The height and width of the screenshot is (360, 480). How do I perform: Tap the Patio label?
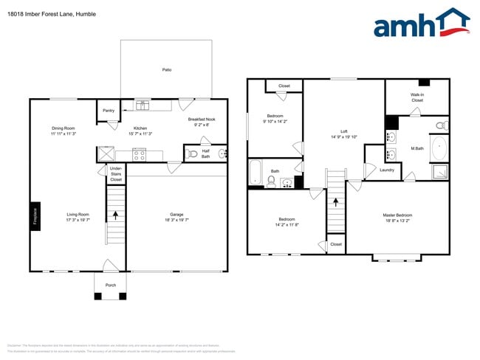[167, 69]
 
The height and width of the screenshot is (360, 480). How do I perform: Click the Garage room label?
[176, 215]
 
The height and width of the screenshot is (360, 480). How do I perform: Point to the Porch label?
[110, 284]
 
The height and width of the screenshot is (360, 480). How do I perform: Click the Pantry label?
[109, 111]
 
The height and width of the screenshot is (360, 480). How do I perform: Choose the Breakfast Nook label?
[201, 122]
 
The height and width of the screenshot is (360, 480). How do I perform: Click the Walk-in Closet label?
[417, 97]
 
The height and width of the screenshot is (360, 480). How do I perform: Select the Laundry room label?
[387, 170]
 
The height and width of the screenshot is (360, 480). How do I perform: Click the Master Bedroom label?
[398, 218]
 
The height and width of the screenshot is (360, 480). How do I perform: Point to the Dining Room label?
[64, 131]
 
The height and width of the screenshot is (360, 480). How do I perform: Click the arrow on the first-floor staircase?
[115, 215]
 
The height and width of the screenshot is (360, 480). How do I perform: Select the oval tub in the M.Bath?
[439, 148]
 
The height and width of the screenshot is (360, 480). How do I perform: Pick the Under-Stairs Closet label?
[116, 176]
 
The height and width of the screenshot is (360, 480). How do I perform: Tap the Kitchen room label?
[140, 131]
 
